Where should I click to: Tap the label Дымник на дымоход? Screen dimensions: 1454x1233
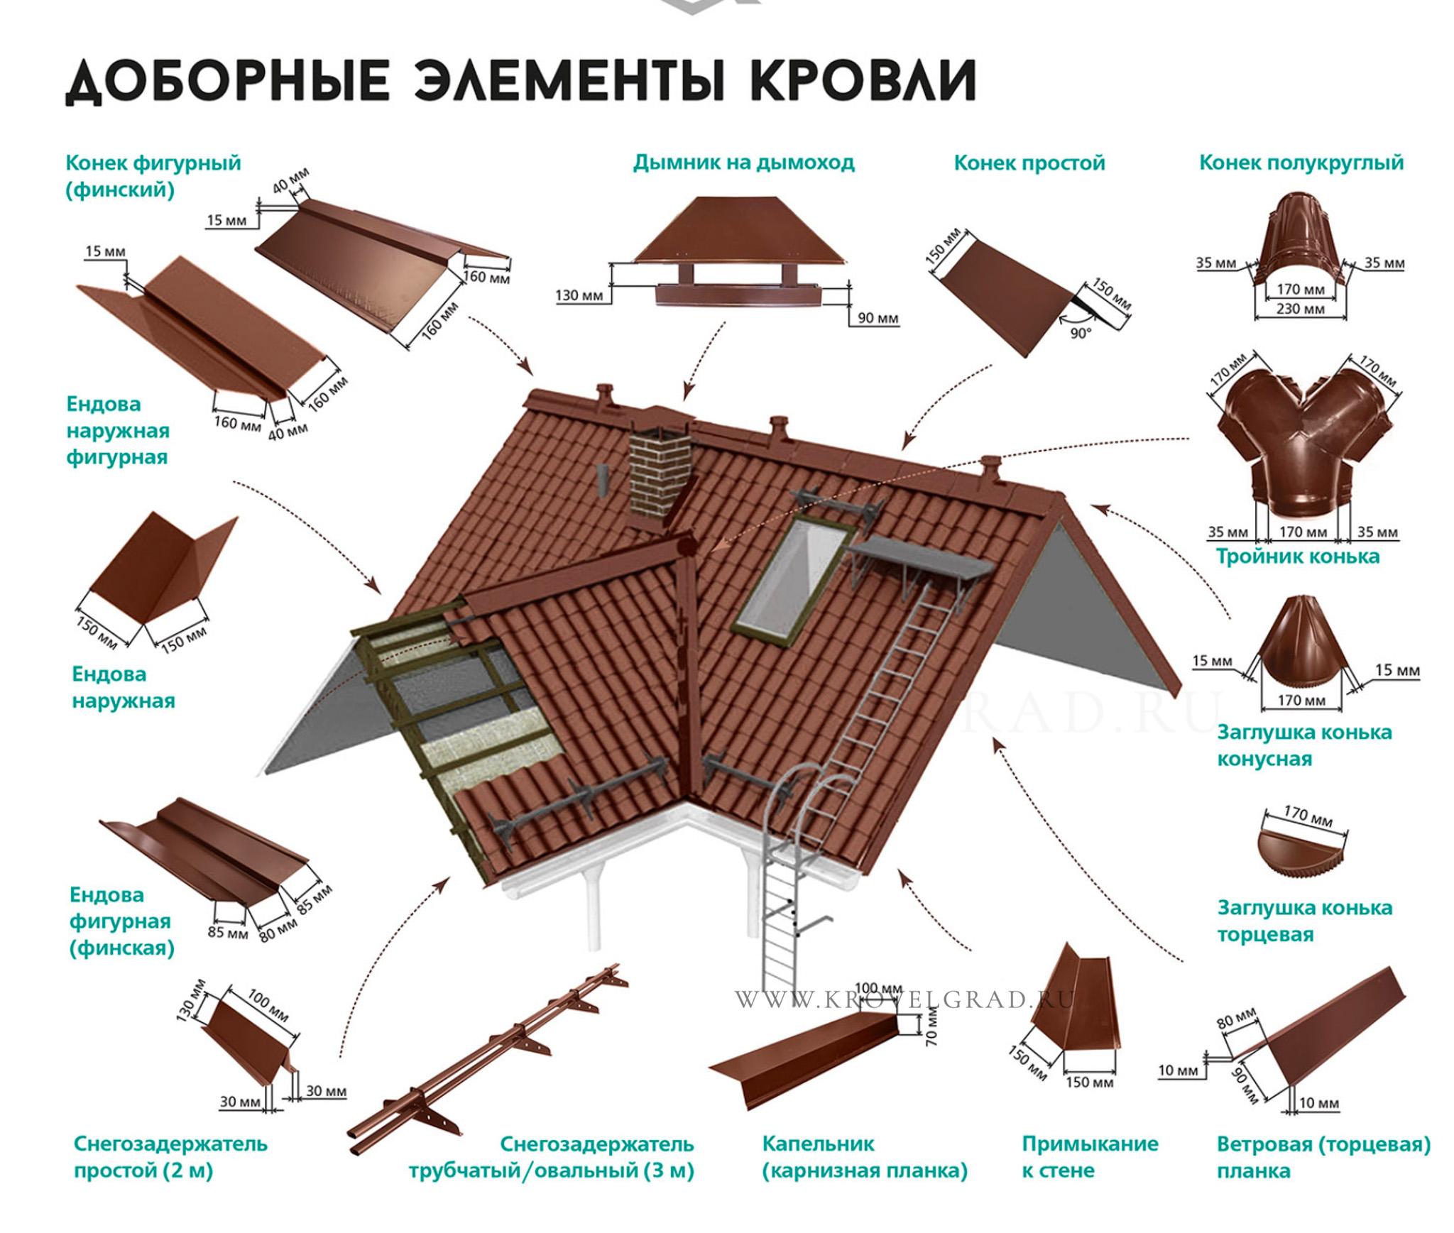click(x=743, y=163)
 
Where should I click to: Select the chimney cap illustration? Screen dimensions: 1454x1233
click(x=740, y=252)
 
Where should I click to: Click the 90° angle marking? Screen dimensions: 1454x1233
click(x=1081, y=333)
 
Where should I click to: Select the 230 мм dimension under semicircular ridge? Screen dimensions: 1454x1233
click(x=1300, y=309)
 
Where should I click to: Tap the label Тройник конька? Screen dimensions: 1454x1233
click(x=1298, y=556)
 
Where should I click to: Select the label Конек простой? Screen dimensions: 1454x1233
click(x=1029, y=163)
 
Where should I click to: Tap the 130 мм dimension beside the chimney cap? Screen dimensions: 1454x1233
click(x=579, y=295)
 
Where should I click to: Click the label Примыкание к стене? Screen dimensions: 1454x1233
click(x=1090, y=1157)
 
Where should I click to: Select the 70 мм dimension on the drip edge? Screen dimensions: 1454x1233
click(x=931, y=1026)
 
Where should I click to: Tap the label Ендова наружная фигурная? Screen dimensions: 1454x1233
click(x=118, y=430)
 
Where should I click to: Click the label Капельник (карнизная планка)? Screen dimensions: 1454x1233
click(x=865, y=1157)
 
